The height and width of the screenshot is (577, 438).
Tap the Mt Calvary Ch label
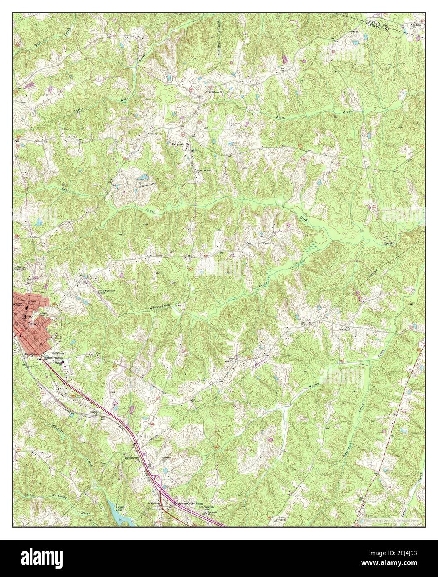(x=216, y=92)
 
